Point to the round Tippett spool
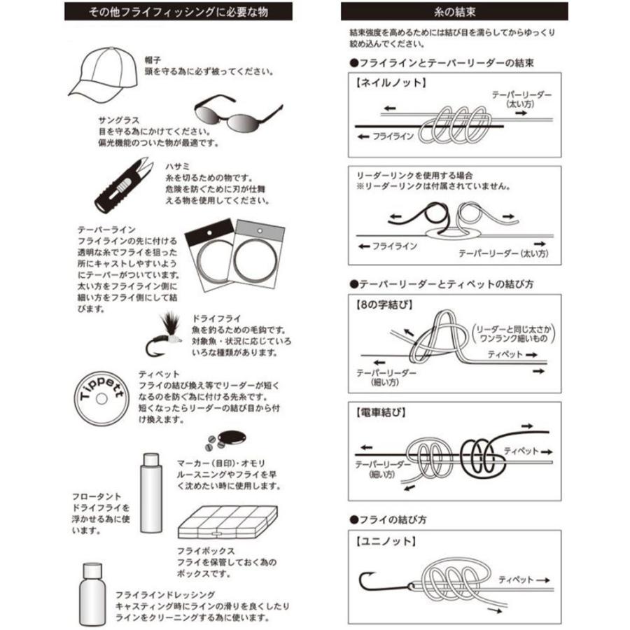pyautogui.click(x=102, y=398)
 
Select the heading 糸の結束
pyautogui.click(x=454, y=12)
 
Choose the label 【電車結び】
pyautogui.click(x=379, y=413)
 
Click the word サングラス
pyautogui.click(x=117, y=120)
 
